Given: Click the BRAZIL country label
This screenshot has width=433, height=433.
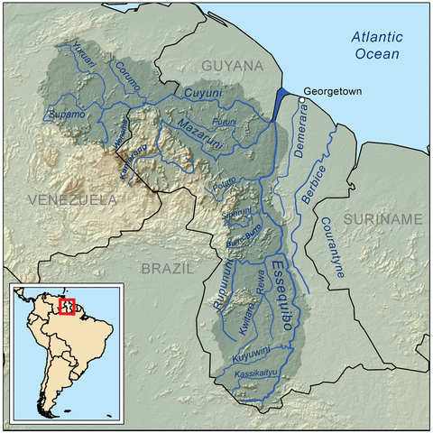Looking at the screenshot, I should point(167,268).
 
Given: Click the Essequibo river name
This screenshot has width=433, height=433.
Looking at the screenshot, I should point(281,299).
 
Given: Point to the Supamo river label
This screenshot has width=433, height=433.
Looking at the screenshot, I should point(63,116).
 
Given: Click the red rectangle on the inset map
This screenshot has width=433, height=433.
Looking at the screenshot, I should point(65,306).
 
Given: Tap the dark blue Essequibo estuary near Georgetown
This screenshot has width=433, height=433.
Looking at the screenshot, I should point(283,98).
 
